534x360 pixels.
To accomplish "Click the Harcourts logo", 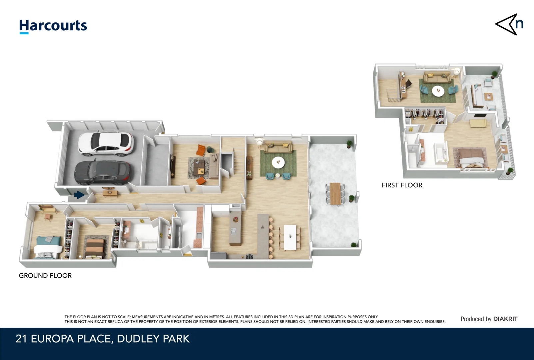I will tap(53, 26).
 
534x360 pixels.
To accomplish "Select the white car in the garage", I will tap(105, 144).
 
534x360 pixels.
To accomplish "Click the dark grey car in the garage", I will tap(102, 172).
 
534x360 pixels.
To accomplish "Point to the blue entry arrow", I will tap(79, 195).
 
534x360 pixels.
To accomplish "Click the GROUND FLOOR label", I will tap(45, 276).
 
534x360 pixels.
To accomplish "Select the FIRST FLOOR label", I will tap(402, 185).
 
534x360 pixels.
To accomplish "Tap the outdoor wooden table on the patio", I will tap(335, 193).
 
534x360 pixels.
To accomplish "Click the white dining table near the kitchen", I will tap(289, 237).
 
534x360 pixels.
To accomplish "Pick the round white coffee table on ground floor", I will tap(278, 163).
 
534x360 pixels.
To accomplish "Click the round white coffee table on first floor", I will tap(438, 91).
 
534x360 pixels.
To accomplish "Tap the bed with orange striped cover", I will tap(96, 247).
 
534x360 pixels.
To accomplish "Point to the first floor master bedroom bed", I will tap(470, 157).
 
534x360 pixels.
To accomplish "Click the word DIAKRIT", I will tap(505, 319).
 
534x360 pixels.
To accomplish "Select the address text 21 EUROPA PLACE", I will tap(63, 339).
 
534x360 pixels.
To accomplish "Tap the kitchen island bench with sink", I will tap(235, 228).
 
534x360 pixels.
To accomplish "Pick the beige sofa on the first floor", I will tap(437, 78).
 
